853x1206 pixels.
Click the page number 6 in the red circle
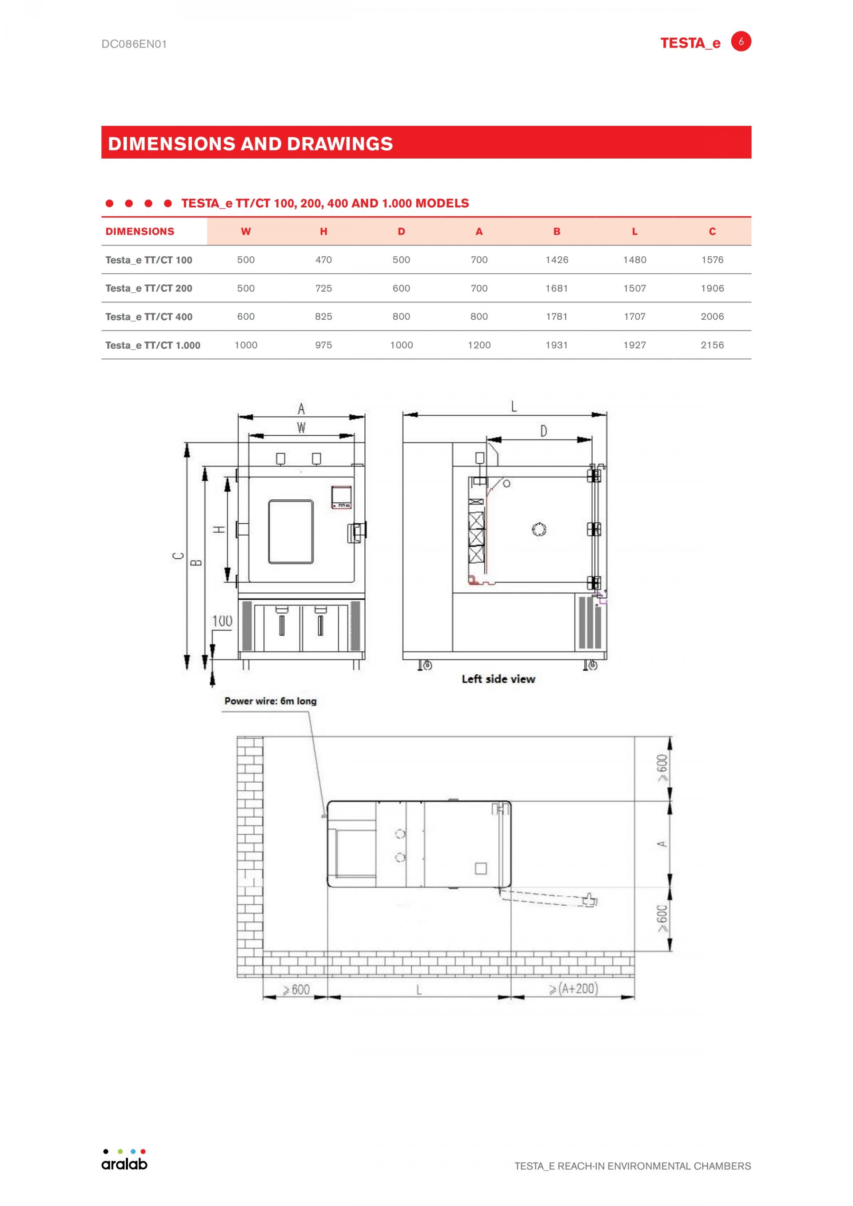(x=741, y=41)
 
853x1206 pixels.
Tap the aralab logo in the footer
(x=124, y=1159)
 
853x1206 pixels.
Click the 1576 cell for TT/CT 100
(x=712, y=259)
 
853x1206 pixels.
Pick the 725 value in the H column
(x=323, y=288)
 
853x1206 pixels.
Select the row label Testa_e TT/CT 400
(x=149, y=317)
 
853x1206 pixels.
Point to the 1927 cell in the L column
(x=634, y=345)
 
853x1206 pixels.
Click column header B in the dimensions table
(x=557, y=231)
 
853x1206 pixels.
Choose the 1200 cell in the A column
(x=479, y=345)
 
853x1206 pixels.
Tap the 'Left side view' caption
(x=498, y=679)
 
